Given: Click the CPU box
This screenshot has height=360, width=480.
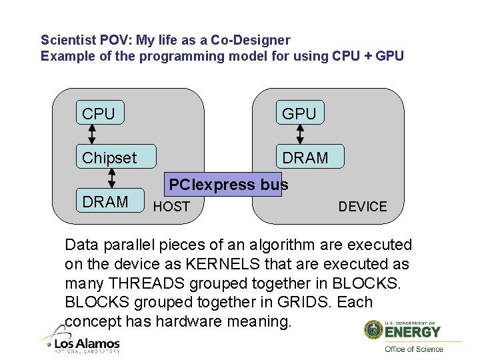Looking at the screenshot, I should pyautogui.click(x=98, y=113).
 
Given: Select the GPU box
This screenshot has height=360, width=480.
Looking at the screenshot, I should pyautogui.click(x=299, y=113).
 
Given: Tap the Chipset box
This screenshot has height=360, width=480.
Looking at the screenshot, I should pyautogui.click(x=115, y=157).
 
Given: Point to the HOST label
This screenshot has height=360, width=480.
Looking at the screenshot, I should pyautogui.click(x=171, y=207).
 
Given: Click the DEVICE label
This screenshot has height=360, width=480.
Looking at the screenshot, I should pyautogui.click(x=362, y=207).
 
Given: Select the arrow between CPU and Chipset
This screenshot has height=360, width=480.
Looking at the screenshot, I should pyautogui.click(x=92, y=135).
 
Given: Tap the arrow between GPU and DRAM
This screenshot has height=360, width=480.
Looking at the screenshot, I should pyautogui.click(x=300, y=135).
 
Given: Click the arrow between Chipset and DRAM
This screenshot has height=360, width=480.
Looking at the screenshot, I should pyautogui.click(x=112, y=178).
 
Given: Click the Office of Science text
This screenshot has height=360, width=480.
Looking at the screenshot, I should pyautogui.click(x=413, y=349).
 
